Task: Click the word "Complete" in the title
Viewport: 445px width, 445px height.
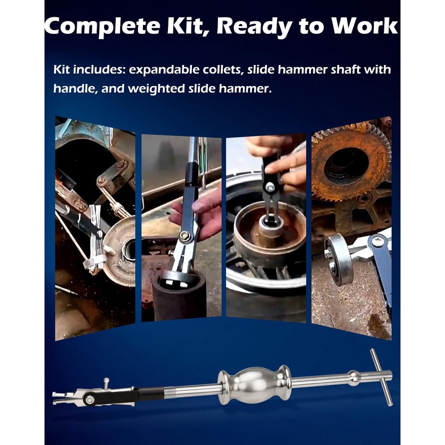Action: pos(103,26)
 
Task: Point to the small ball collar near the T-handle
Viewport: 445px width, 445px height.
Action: pos(354,378)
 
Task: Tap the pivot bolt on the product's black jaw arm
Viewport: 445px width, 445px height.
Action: pos(90,399)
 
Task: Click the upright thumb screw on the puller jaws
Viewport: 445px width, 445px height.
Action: pos(106,384)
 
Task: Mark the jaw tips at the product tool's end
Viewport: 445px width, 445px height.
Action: pos(59,398)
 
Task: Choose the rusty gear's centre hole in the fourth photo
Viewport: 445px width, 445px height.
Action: pos(347,165)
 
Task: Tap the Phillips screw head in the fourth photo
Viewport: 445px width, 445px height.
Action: pos(379,241)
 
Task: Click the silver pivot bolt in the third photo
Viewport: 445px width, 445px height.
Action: pos(270,186)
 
